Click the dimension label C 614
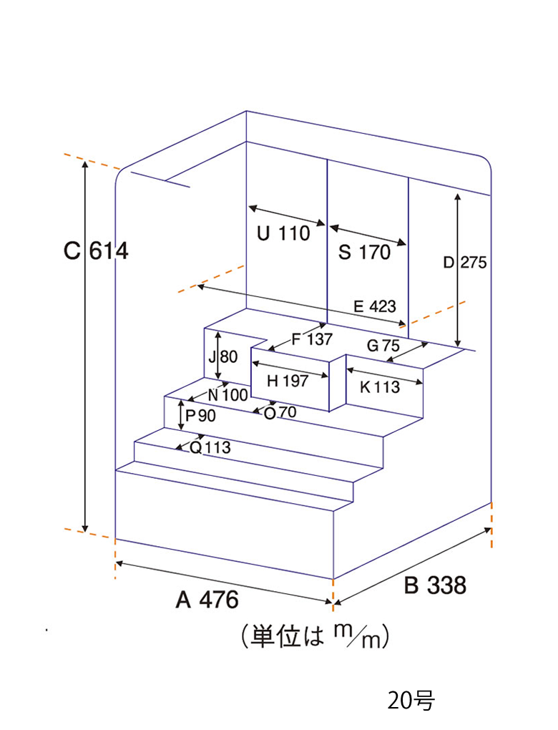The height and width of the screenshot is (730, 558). pyautogui.click(x=96, y=251)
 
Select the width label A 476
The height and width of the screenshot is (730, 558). pyautogui.click(x=207, y=600)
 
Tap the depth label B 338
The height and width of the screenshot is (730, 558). pyautogui.click(x=435, y=585)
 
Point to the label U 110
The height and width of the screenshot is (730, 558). pyautogui.click(x=283, y=233)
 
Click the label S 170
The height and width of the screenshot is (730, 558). pyautogui.click(x=364, y=253)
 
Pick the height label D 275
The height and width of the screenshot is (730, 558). pyautogui.click(x=465, y=263)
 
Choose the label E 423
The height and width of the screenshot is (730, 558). pyautogui.click(x=375, y=306)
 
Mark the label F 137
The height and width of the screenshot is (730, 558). pyautogui.click(x=313, y=339)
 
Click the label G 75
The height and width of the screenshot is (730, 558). pyautogui.click(x=383, y=346)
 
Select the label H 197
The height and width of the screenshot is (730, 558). pyautogui.click(x=288, y=381)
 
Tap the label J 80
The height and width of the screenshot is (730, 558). pyautogui.click(x=223, y=357)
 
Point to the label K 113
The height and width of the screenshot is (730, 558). pyautogui.click(x=380, y=387)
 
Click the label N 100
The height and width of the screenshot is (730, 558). pyautogui.click(x=227, y=395)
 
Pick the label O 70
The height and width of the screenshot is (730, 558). pyautogui.click(x=280, y=412)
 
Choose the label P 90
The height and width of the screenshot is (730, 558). pyautogui.click(x=200, y=415)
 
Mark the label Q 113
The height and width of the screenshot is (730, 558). pyautogui.click(x=210, y=448)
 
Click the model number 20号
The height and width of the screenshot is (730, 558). pyautogui.click(x=411, y=701)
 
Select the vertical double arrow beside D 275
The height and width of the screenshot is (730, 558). pyautogui.click(x=459, y=270)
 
